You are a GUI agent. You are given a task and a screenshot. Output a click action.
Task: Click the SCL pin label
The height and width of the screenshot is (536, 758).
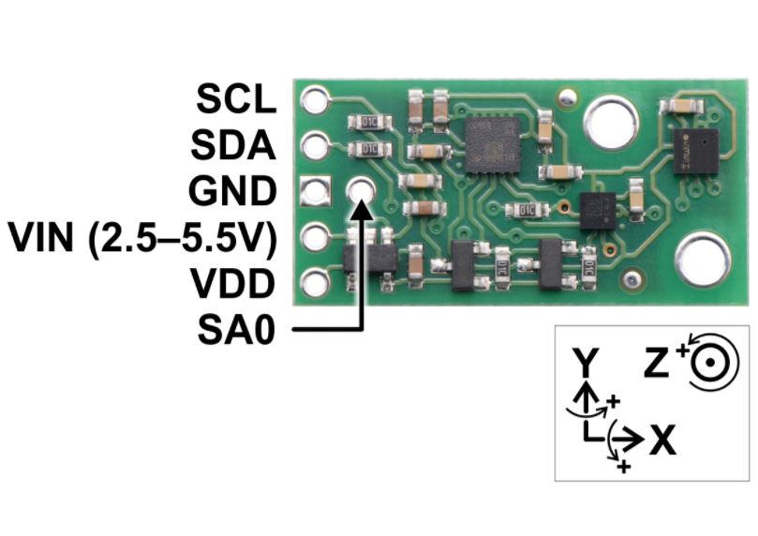(236, 98)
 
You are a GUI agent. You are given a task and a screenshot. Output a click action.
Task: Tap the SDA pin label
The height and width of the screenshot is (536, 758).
(233, 145)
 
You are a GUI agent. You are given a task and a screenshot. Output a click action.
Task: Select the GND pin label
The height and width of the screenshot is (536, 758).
(232, 191)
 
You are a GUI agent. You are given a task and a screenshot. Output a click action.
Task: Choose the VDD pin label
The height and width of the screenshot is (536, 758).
(232, 284)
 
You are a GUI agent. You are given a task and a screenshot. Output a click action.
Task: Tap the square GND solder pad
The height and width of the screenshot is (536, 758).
(315, 191)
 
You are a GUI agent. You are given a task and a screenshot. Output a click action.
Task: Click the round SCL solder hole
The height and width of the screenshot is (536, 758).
(315, 99)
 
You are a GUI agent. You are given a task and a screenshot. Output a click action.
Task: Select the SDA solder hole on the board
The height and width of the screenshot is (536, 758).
(315, 145)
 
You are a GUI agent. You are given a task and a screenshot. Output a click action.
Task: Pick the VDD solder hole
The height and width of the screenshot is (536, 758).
(315, 283)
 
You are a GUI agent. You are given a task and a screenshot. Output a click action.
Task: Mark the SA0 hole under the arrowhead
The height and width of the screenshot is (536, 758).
(361, 190)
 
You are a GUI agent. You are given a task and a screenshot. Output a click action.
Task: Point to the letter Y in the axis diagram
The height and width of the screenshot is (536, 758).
(586, 362)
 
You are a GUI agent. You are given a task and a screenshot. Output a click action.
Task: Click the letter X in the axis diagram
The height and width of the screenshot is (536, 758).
(662, 439)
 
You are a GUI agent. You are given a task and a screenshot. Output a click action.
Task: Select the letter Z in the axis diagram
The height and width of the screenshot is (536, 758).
(657, 362)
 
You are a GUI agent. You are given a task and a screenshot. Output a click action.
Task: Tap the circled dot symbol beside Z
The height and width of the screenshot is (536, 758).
(709, 362)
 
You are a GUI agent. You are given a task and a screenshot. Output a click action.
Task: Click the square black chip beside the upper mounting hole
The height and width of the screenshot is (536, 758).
(493, 145)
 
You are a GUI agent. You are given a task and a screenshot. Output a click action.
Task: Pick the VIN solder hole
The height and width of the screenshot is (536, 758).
(315, 237)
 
